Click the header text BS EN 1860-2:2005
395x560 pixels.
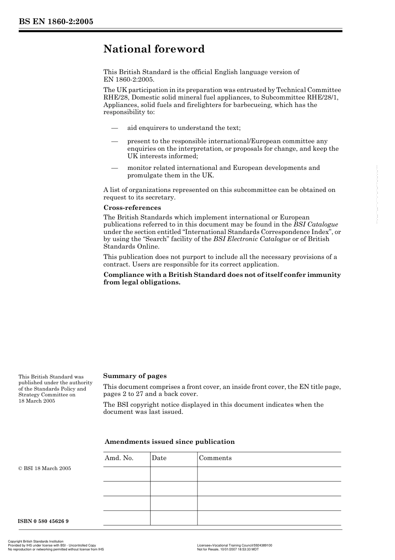[x=56, y=22]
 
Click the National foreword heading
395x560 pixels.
[x=154, y=49]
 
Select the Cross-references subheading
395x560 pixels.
[x=132, y=208]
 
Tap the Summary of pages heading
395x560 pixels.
[x=135, y=376]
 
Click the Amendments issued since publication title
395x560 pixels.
[x=170, y=442]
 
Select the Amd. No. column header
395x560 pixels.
[x=119, y=458]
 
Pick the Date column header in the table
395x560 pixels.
[x=159, y=458]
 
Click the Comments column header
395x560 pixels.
[x=215, y=458]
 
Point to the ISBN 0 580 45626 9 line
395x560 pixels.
[x=43, y=521]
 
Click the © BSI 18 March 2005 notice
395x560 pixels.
[x=44, y=468]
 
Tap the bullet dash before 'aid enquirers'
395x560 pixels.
[x=115, y=128]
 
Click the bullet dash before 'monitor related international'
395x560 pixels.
[x=115, y=168]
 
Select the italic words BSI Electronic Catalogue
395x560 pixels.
[x=252, y=239]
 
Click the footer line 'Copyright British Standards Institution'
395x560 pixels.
[x=36, y=542]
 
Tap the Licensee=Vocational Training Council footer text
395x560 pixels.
[x=235, y=545]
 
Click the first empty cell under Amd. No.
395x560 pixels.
[x=126, y=474]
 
